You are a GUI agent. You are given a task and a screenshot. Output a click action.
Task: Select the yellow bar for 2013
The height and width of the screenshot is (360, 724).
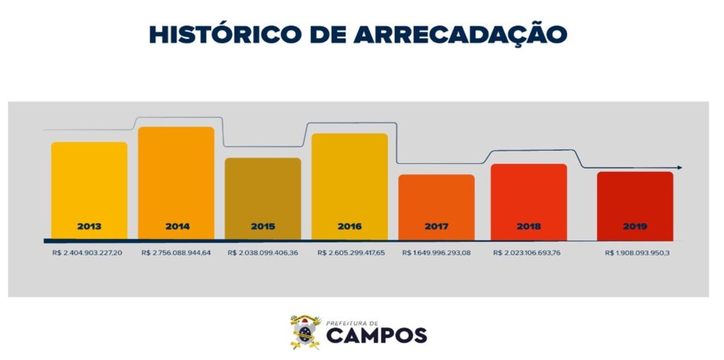[89, 187]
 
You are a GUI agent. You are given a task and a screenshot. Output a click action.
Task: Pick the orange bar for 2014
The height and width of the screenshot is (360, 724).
[176, 180]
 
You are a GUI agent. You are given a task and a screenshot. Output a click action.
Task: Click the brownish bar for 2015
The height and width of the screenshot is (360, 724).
[263, 194]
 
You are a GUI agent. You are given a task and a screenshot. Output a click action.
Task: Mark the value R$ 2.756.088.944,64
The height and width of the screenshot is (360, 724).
[176, 252]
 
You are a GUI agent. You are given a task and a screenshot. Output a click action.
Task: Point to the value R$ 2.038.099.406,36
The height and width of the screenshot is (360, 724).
[263, 252]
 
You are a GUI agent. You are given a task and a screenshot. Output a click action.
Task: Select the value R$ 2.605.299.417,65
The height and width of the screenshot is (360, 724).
[351, 252]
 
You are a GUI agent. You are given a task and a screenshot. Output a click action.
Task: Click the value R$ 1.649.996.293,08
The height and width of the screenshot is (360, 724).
[436, 252]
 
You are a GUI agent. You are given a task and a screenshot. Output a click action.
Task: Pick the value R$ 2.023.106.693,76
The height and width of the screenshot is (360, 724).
[527, 252]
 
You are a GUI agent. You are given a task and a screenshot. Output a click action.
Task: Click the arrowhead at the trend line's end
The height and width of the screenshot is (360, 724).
[679, 168]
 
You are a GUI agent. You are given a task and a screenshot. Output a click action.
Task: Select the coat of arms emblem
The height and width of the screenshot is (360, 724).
[305, 332]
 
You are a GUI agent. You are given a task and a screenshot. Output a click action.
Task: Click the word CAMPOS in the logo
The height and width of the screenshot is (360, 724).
[375, 335]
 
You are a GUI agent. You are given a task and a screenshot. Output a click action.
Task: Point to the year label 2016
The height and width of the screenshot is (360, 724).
[349, 227]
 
